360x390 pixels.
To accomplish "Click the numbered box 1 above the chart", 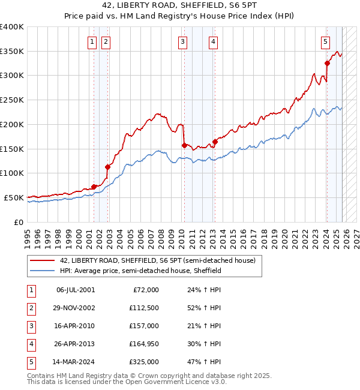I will click(92, 41).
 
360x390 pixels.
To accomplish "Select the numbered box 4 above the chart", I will click(214, 41).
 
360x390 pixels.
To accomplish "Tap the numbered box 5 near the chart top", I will click(325, 41).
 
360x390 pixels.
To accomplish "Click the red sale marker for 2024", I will click(327, 63).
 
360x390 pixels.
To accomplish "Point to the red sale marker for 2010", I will click(184, 145).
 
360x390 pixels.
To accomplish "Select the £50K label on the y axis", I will click(14, 197).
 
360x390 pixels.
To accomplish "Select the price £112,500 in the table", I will click(144, 307).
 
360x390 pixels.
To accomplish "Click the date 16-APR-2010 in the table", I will click(76, 325).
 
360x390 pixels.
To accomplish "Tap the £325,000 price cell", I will click(144, 362).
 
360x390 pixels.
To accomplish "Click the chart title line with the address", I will click(179, 7).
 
